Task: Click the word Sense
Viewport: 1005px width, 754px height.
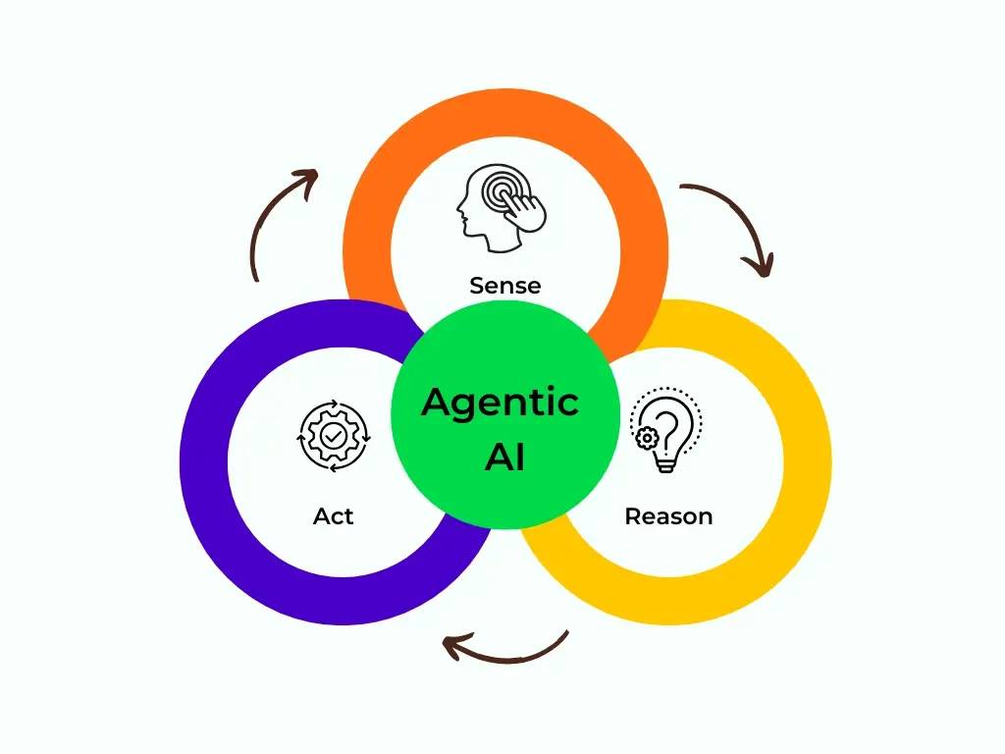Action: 504,286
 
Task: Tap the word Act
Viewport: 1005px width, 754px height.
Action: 334,515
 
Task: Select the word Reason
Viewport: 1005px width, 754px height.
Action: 668,515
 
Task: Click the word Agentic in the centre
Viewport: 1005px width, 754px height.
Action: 501,403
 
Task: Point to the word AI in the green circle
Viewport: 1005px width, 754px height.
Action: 504,458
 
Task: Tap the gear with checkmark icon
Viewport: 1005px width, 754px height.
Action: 334,435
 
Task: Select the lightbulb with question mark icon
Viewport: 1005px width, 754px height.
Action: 667,430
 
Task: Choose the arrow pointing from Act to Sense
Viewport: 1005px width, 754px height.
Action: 280,221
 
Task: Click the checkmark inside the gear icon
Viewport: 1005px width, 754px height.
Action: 334,435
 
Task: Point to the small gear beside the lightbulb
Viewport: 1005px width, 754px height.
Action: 646,439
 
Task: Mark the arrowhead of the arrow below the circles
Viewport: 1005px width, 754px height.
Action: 452,645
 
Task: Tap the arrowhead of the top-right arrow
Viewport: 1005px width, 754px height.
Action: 759,264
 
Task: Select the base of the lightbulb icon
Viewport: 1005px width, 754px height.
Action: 667,464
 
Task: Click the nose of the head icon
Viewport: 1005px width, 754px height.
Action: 459,209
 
